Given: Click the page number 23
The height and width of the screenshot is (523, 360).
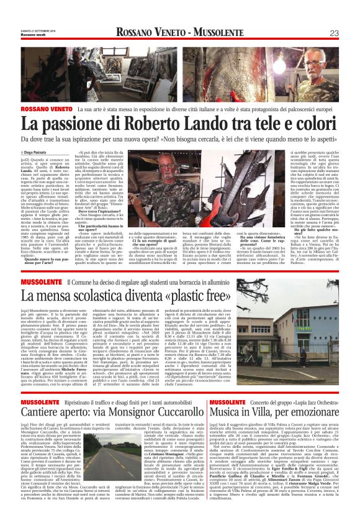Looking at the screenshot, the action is pos(334,33).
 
